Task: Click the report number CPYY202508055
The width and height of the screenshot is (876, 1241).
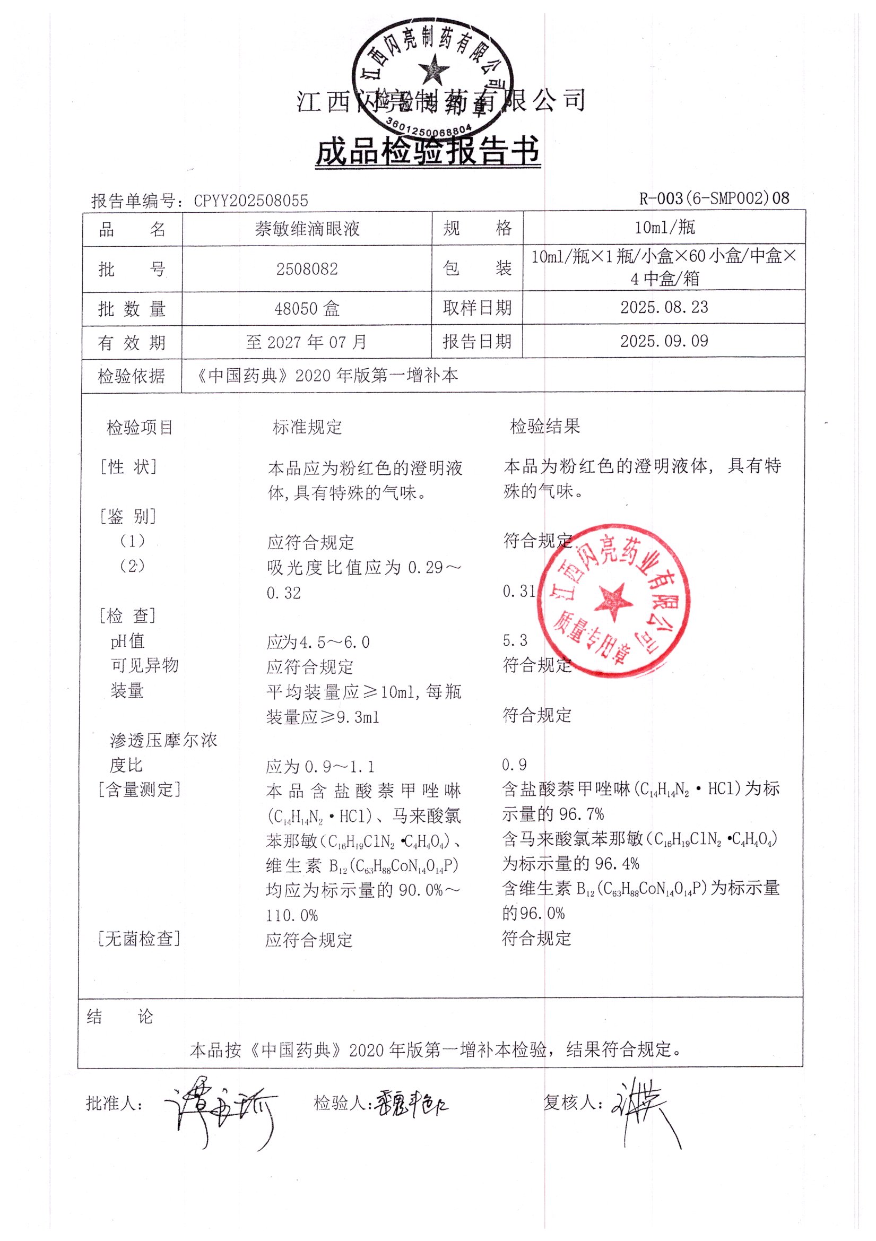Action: (251, 201)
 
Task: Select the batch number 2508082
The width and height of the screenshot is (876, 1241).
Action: (307, 269)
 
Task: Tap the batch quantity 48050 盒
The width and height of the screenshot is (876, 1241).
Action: (307, 309)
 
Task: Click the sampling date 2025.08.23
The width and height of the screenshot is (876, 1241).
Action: (664, 308)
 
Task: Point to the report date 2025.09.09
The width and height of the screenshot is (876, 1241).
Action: (664, 341)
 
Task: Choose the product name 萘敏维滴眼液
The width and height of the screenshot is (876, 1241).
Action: (307, 229)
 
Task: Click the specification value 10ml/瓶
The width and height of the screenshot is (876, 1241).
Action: (664, 228)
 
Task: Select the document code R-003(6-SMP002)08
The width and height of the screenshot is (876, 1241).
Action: (714, 198)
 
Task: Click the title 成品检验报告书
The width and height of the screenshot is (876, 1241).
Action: (428, 151)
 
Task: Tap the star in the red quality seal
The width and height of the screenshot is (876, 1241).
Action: (613, 601)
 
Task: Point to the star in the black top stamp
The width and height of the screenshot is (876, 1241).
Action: (433, 71)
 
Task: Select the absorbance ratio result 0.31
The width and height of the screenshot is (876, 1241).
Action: (518, 591)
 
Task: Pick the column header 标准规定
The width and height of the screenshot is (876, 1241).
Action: (307, 427)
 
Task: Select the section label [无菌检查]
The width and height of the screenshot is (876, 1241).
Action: (139, 939)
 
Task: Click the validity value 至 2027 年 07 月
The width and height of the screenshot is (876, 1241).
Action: (307, 342)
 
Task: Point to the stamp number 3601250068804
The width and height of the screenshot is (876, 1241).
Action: (429, 126)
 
